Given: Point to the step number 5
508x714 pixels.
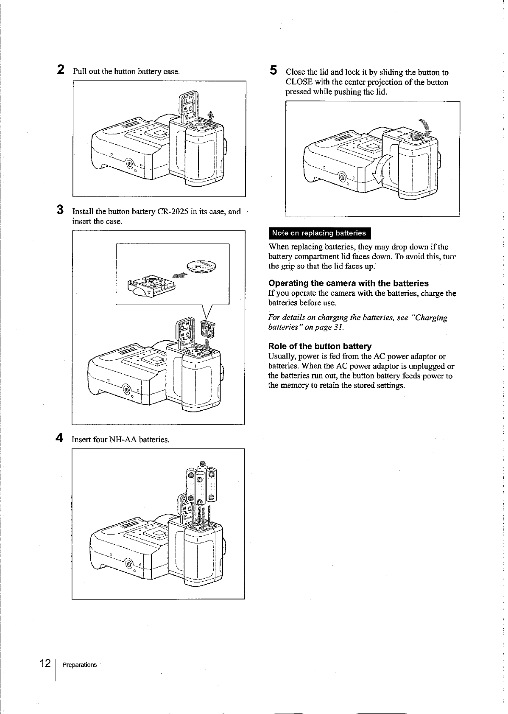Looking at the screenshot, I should (x=274, y=70).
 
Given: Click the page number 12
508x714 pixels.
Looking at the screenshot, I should (x=45, y=664).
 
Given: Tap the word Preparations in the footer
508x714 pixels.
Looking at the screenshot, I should (x=79, y=665).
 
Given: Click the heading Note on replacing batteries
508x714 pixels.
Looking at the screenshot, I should (x=319, y=233).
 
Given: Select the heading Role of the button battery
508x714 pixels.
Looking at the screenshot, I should (x=320, y=346).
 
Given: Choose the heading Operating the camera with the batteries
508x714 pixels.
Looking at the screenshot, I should (x=349, y=283).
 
